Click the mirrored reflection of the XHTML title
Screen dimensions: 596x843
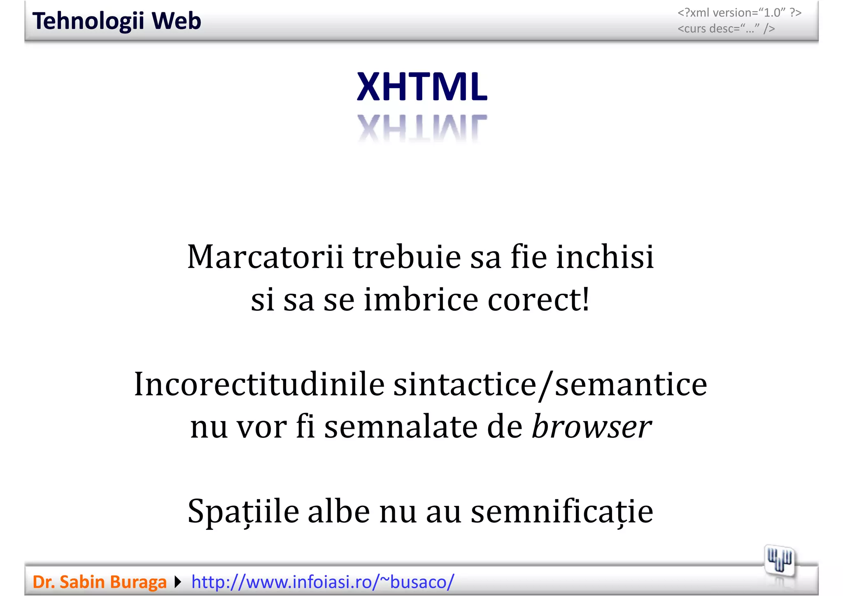pyautogui.click(x=422, y=128)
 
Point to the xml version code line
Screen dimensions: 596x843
pyautogui.click(x=739, y=13)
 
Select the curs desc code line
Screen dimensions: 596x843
pyautogui.click(x=726, y=29)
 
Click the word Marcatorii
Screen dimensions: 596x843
pyautogui.click(x=265, y=257)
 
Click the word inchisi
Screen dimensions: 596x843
pyautogui.click(x=605, y=257)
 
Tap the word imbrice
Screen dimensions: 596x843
pyautogui.click(x=421, y=300)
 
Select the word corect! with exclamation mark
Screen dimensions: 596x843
pyautogui.click(x=539, y=300)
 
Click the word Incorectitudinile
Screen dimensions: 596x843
pyautogui.click(x=259, y=384)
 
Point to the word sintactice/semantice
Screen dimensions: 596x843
pyautogui.click(x=550, y=384)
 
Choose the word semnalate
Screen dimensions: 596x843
pyautogui.click(x=401, y=427)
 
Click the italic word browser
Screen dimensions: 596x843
pyautogui.click(x=591, y=427)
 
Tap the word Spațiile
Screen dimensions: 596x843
pyautogui.click(x=243, y=512)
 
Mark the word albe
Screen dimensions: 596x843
pyautogui.click(x=339, y=512)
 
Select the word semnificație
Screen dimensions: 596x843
pyautogui.click(x=562, y=512)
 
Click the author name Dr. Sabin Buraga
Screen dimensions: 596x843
pyautogui.click(x=99, y=582)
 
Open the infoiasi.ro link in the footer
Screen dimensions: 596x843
pyautogui.click(x=323, y=582)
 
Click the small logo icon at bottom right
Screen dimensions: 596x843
pyautogui.click(x=779, y=561)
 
